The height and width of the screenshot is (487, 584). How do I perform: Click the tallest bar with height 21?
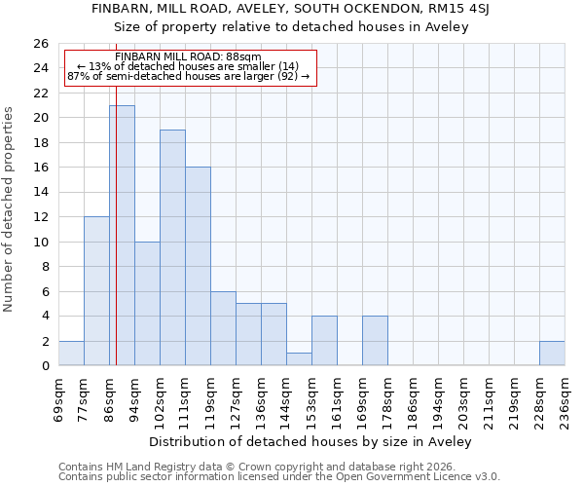pos(122,236)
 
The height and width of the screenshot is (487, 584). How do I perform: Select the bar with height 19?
pos(172,247)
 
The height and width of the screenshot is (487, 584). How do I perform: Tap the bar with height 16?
pos(198,266)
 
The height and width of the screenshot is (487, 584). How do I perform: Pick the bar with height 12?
pos(96,291)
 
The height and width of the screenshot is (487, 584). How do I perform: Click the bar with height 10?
pos(147,304)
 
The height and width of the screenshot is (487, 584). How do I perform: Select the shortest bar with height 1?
pos(299,359)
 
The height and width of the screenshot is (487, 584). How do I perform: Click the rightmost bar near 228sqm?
pos(552,354)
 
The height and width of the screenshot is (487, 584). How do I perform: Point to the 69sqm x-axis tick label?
pos(59,400)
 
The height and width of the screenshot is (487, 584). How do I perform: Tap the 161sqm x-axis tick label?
pos(338,400)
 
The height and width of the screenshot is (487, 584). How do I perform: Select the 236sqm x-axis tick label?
pos(566,400)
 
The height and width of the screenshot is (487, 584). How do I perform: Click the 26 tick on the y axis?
pos(41,44)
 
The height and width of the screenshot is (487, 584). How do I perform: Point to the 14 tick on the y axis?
pos(41,192)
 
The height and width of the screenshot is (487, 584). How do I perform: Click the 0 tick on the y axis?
pos(45,365)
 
